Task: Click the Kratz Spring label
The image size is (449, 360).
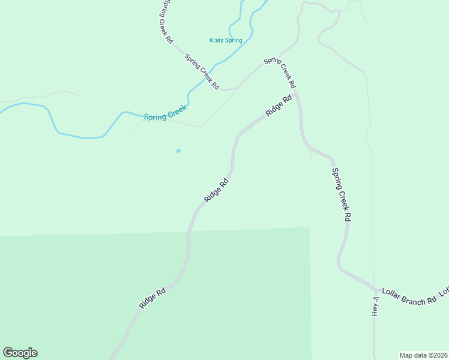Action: point(226,41)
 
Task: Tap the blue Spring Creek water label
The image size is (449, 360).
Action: point(166,113)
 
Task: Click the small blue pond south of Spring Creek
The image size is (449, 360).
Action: point(178,151)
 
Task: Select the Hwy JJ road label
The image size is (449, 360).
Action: point(375,306)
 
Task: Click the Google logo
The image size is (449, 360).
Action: point(20,353)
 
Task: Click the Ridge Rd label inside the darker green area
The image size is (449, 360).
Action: point(152,299)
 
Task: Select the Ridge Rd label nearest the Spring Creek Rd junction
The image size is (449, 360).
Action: point(279,106)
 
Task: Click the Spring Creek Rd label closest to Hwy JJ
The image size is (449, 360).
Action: point(341,195)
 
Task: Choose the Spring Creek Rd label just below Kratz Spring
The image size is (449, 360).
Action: point(201,72)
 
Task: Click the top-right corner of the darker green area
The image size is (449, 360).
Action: point(309,228)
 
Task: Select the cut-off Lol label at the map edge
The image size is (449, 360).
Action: point(444,292)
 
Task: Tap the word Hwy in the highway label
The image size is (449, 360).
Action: point(375,310)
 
